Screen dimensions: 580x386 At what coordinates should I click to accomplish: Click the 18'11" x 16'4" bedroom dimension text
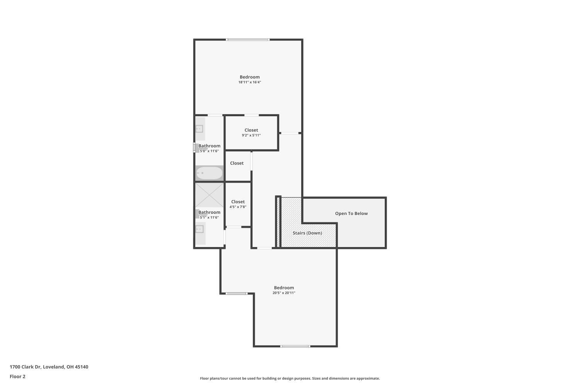pyautogui.click(x=250, y=82)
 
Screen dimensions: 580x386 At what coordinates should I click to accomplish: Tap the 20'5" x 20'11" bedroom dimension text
pyautogui.click(x=284, y=293)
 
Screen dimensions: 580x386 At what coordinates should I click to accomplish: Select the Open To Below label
pyautogui.click(x=351, y=213)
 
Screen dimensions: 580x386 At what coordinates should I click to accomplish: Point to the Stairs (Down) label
pyautogui.click(x=307, y=233)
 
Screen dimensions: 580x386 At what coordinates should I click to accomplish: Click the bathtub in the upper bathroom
pyautogui.click(x=209, y=173)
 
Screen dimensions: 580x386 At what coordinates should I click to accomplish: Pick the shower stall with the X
pyautogui.click(x=209, y=195)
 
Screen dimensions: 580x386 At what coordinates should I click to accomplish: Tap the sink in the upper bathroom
pyautogui.click(x=200, y=129)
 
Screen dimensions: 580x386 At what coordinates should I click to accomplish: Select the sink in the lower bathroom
pyautogui.click(x=200, y=229)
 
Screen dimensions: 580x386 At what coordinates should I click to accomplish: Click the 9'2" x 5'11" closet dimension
pyautogui.click(x=251, y=135)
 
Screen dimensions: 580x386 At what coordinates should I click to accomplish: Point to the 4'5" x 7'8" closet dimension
pyautogui.click(x=238, y=207)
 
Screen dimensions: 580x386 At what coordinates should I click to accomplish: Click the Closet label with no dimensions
pyautogui.click(x=237, y=163)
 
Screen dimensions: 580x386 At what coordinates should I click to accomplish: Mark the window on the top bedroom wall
pyautogui.click(x=248, y=40)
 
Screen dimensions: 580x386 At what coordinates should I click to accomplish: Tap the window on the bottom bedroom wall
pyautogui.click(x=295, y=346)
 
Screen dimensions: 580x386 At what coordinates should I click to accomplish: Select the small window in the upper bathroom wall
pyautogui.click(x=194, y=148)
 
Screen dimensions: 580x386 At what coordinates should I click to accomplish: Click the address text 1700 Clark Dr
pyautogui.click(x=26, y=367)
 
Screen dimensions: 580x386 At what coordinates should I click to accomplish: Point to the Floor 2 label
pyautogui.click(x=18, y=376)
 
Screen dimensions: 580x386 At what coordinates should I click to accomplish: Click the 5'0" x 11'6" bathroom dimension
pyautogui.click(x=209, y=151)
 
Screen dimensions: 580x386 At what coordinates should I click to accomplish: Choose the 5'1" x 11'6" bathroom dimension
pyautogui.click(x=209, y=217)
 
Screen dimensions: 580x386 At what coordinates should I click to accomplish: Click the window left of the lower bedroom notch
pyautogui.click(x=236, y=293)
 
